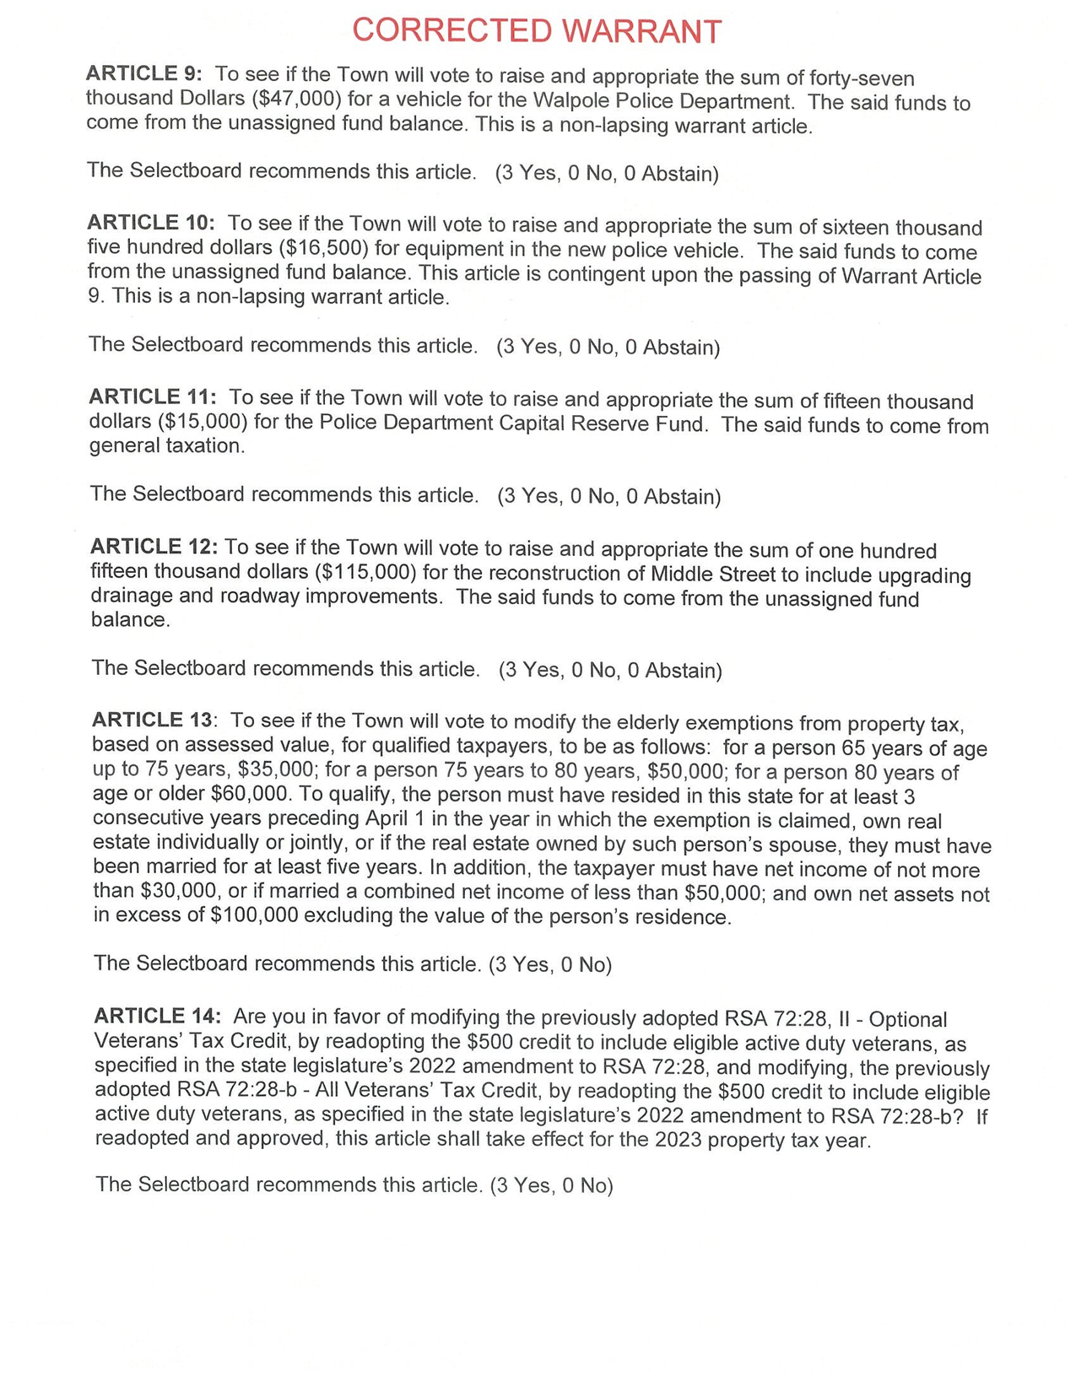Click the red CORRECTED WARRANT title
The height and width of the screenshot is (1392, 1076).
click(537, 31)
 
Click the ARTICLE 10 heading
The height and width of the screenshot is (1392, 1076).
click(151, 224)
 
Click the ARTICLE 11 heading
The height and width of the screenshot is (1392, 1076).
click(152, 397)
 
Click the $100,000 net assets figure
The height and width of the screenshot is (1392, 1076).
click(253, 917)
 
